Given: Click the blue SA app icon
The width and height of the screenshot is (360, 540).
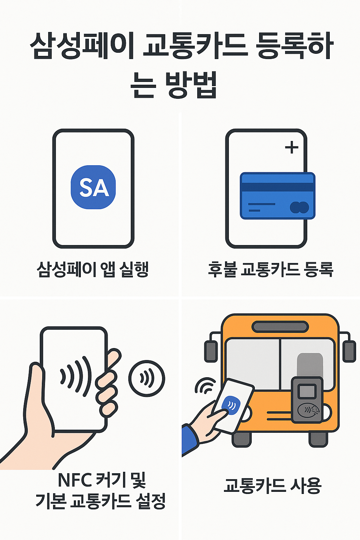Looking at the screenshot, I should [93, 187].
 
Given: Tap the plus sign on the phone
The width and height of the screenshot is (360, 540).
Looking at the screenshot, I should [291, 148].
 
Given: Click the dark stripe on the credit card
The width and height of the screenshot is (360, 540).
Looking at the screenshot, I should [277, 187].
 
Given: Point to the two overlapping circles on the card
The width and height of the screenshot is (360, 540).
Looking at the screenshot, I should [299, 207].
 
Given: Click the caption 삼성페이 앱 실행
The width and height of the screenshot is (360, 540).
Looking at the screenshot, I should [93, 270].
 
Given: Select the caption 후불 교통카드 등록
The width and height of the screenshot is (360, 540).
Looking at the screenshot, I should [270, 270].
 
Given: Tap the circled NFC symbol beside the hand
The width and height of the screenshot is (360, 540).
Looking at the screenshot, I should [147, 378].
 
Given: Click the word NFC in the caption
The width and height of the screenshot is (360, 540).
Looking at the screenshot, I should [75, 480].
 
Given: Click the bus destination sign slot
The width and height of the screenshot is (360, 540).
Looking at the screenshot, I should [280, 327].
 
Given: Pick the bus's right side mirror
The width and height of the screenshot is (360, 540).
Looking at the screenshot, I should [349, 351].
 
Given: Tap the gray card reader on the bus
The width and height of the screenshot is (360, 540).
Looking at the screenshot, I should [307, 400].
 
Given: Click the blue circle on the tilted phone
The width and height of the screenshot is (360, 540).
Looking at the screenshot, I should [231, 406].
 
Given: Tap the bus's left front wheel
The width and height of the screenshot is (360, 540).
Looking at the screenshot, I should [242, 439].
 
